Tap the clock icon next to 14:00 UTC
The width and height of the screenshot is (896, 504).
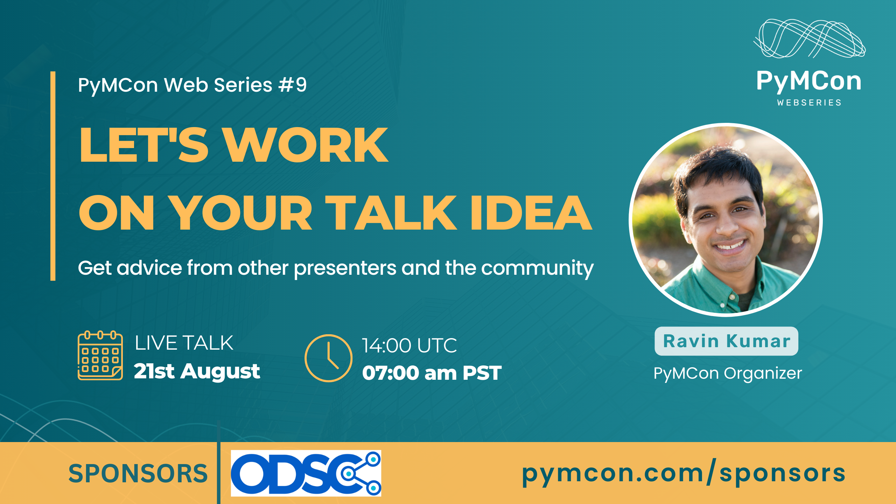pyautogui.click(x=328, y=358)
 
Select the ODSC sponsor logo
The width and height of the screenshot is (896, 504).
pyautogui.click(x=306, y=473)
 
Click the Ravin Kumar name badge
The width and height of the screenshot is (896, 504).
pyautogui.click(x=727, y=341)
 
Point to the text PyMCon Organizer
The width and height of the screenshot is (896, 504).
pyautogui.click(x=728, y=373)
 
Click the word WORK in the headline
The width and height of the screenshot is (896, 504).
pyautogui.click(x=306, y=145)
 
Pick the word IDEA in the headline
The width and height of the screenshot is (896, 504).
pyautogui.click(x=531, y=212)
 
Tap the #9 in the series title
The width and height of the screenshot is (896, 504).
pyautogui.click(x=293, y=85)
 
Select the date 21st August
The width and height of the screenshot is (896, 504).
pyautogui.click(x=197, y=371)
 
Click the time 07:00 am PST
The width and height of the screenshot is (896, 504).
pyautogui.click(x=432, y=373)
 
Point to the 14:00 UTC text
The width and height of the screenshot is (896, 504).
pyautogui.click(x=409, y=345)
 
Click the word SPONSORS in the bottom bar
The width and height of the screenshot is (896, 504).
pyautogui.click(x=138, y=474)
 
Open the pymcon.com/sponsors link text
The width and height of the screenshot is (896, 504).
pyautogui.click(x=684, y=473)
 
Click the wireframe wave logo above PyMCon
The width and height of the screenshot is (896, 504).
pyautogui.click(x=810, y=38)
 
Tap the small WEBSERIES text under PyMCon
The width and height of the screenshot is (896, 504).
pyautogui.click(x=809, y=103)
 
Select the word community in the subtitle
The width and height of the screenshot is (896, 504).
pyautogui.click(x=538, y=268)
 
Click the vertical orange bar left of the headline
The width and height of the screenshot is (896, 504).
pyautogui.click(x=53, y=176)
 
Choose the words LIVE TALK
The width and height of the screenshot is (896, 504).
pyautogui.click(x=184, y=343)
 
